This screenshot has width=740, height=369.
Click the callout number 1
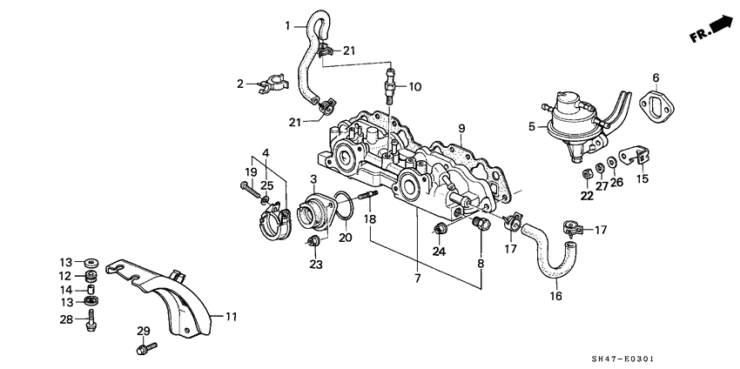(x=287, y=26)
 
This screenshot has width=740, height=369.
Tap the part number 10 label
(x=415, y=87)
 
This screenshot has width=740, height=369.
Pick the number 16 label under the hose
(x=556, y=296)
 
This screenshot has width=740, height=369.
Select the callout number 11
(x=231, y=317)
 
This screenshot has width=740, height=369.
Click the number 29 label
(x=144, y=332)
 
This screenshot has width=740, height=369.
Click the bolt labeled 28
(x=90, y=323)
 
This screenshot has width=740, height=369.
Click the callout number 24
(x=440, y=252)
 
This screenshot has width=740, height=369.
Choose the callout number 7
(x=417, y=278)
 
